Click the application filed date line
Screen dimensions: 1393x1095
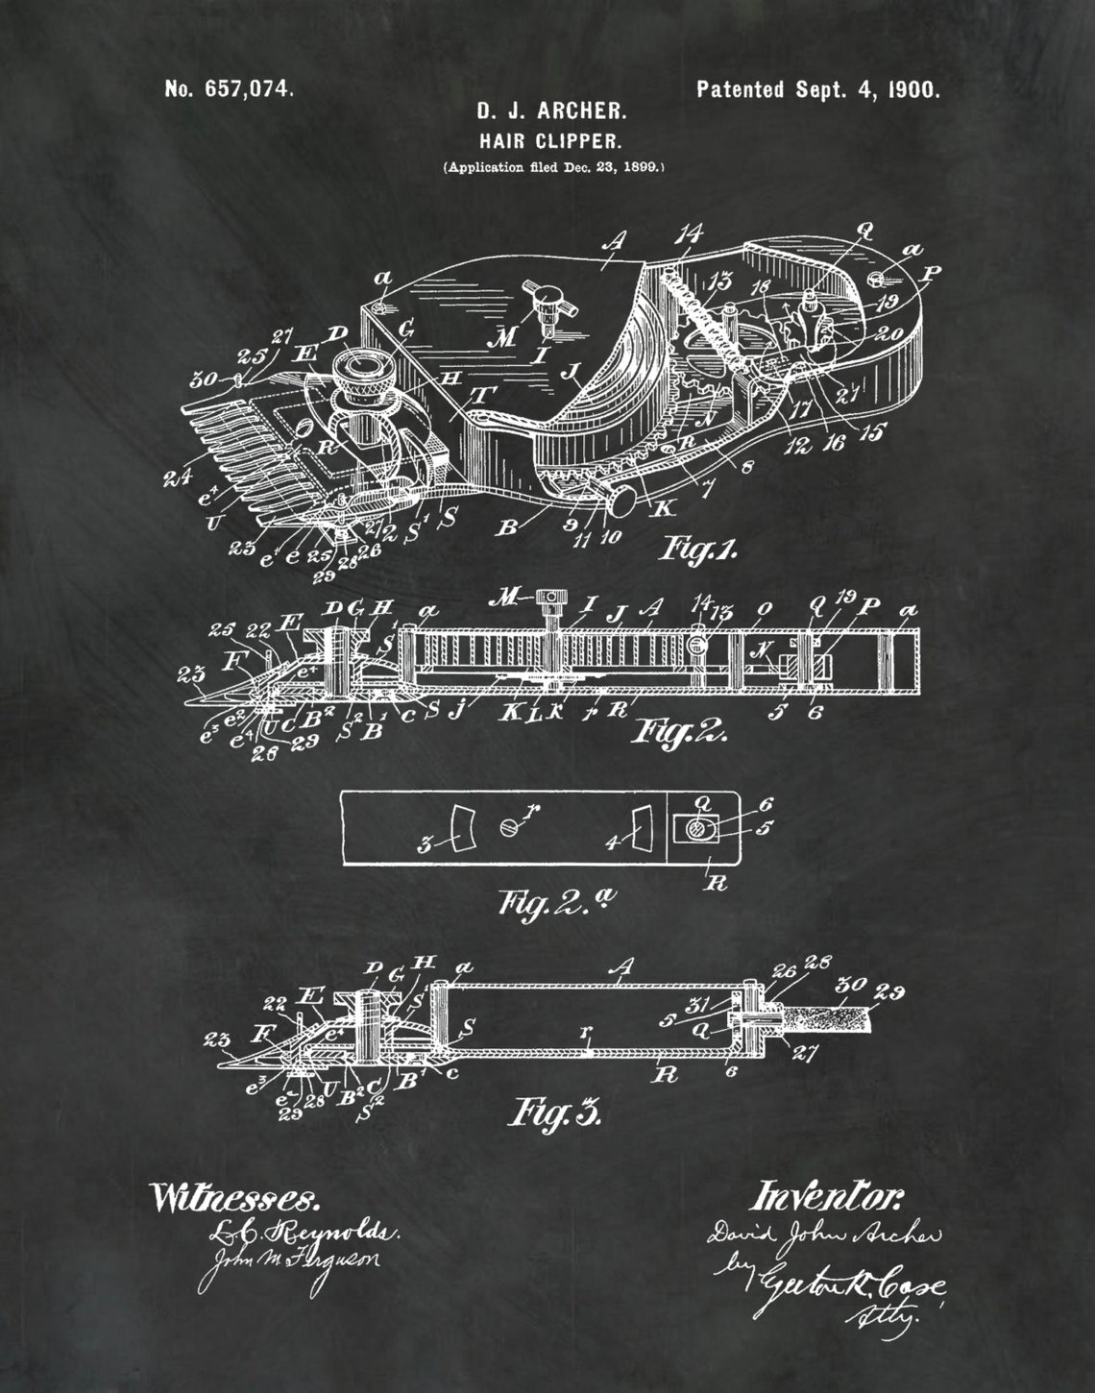coord(552,166)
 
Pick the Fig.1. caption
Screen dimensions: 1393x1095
coord(699,549)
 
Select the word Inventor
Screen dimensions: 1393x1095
coord(828,1196)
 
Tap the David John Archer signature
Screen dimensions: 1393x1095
coord(824,1233)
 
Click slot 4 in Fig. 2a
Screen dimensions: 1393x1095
coord(641,827)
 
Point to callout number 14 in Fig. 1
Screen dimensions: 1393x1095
coord(689,235)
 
